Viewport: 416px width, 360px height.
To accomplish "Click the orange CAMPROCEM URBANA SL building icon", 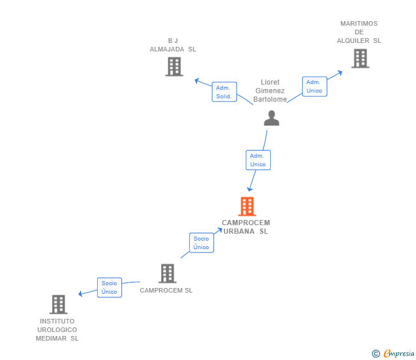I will pos(247,206).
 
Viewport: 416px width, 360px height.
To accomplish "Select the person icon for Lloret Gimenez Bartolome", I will pos(271,118).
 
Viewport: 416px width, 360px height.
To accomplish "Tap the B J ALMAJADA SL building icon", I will pos(174,67).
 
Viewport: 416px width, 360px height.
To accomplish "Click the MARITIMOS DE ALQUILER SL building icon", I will pos(360,58).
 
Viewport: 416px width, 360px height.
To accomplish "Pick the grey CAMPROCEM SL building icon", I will pos(167,274).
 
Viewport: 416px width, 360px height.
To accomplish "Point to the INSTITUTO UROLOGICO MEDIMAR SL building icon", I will pos(58,305).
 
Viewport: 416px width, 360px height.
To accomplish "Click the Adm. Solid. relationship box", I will pos(223,92).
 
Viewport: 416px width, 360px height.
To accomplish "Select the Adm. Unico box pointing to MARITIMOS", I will pos(314,86).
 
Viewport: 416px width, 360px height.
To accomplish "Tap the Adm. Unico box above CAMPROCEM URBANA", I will pos(258,160).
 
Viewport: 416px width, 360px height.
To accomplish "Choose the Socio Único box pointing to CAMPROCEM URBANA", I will pos(201,243).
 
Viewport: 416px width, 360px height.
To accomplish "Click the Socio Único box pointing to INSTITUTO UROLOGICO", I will pos(109,287).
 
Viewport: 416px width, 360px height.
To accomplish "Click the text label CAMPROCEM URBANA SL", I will pos(246,227).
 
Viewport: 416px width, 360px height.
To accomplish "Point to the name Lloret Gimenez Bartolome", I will pos(270,91).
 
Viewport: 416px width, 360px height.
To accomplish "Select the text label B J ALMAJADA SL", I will pos(173,45).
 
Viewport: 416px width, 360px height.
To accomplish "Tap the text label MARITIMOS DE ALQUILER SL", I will pos(359,32).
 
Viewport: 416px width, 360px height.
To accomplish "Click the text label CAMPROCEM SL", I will pos(166,290).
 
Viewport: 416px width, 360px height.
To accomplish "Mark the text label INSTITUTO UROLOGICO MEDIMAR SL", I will pos(57,330).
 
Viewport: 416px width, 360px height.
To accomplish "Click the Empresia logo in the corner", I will pos(399,354).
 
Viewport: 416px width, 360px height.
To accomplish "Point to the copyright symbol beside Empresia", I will pos(375,354).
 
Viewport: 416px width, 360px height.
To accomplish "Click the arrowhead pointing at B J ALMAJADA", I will pos(196,80).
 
